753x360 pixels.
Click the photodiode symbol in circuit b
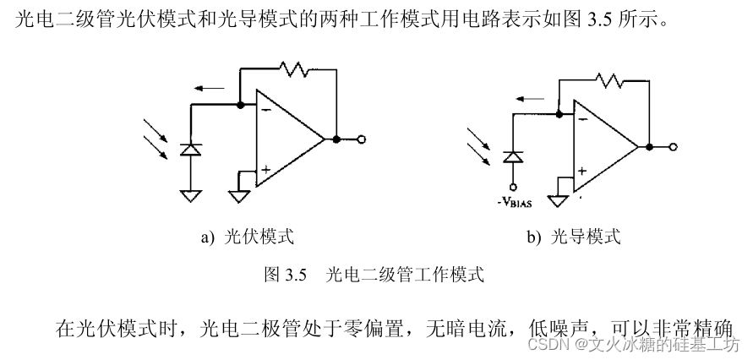[x=510, y=156]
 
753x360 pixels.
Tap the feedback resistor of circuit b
[x=610, y=80]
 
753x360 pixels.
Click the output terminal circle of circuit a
[x=362, y=139]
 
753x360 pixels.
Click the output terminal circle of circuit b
[x=674, y=147]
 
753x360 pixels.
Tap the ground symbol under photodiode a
[x=192, y=195]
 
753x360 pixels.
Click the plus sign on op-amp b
[x=582, y=172]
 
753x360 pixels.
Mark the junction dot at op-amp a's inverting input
[x=241, y=105]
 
